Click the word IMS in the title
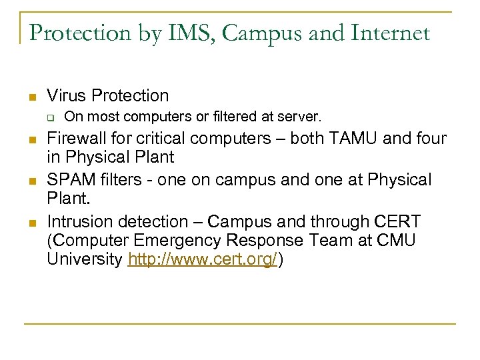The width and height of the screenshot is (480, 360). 179,33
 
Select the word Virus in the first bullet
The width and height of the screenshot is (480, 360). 69,95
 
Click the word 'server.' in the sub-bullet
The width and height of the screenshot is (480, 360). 303,117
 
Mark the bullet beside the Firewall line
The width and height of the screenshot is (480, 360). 31,141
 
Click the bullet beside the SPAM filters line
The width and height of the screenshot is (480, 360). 31,181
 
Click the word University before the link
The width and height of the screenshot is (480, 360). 84,260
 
